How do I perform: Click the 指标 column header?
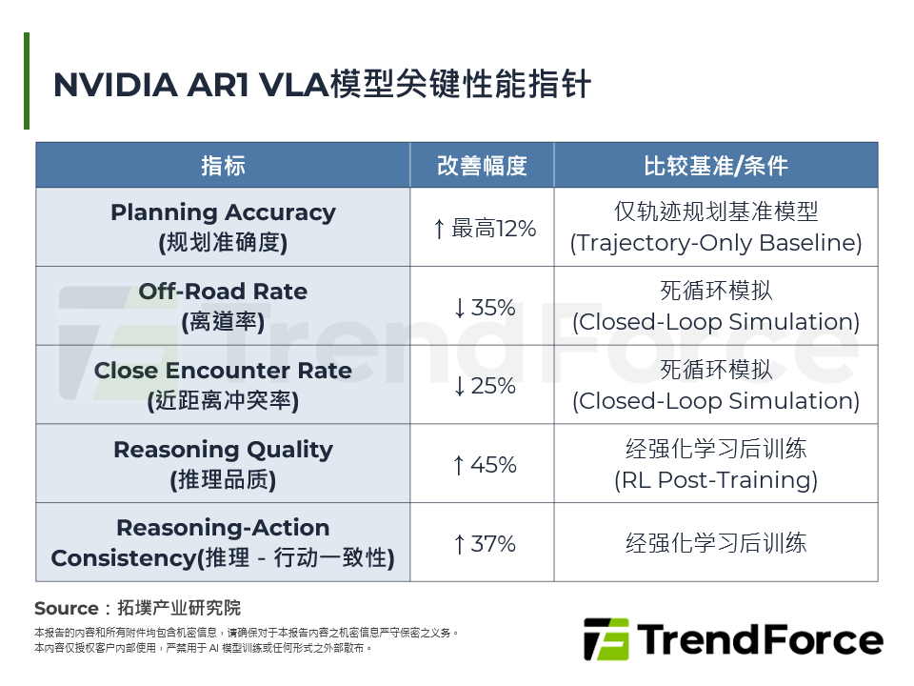click(223, 165)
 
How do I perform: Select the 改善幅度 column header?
click(482, 165)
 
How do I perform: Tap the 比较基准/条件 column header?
click(716, 165)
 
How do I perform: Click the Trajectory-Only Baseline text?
click(716, 243)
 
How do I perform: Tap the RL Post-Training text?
click(716, 480)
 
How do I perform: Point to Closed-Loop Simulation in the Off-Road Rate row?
click(716, 322)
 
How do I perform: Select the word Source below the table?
click(66, 608)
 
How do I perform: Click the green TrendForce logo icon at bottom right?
click(606, 639)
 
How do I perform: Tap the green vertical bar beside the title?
click(27, 81)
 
